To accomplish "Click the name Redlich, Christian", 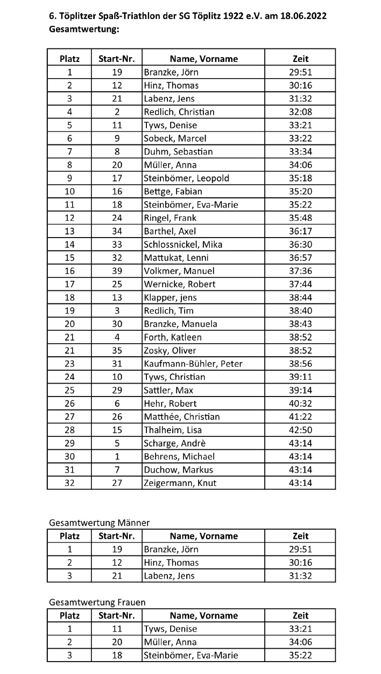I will click(x=179, y=112).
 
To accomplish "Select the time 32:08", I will click(x=300, y=112).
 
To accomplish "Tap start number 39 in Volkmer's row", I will click(x=117, y=271).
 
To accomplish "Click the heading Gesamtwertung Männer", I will click(x=99, y=523).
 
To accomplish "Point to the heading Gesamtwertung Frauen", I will click(x=97, y=602).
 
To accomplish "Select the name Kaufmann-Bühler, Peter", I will click(x=193, y=364).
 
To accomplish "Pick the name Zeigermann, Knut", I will click(x=180, y=483).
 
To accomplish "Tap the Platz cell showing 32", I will click(x=69, y=483).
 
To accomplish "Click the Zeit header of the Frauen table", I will click(x=300, y=616).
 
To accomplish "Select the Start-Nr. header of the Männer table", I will click(x=117, y=536).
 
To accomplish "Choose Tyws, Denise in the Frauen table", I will click(x=171, y=629).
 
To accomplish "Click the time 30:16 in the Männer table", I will click(x=300, y=562).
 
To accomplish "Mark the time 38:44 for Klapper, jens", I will click(x=300, y=297).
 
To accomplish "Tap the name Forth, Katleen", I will click(x=173, y=337).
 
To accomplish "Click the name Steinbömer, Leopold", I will click(x=186, y=178).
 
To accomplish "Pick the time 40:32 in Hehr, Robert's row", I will click(x=300, y=404).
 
